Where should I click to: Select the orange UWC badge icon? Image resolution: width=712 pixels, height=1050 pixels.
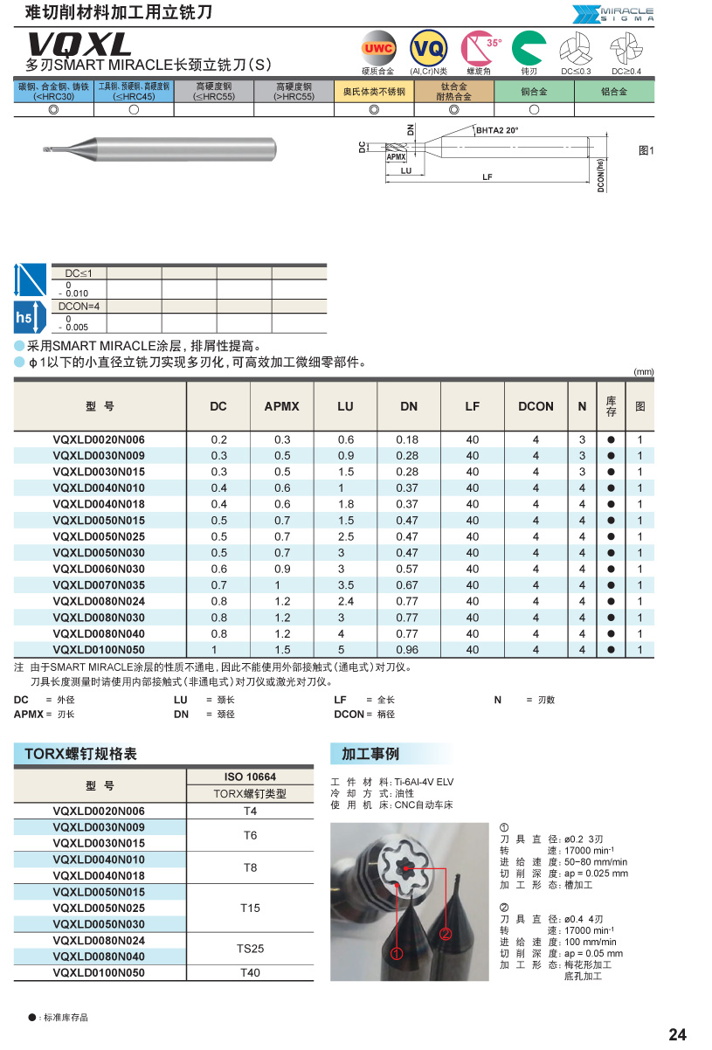point(378,48)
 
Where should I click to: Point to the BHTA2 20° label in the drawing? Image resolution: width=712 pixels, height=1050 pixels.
point(497,129)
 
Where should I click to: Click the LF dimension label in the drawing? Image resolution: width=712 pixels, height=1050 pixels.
point(488,177)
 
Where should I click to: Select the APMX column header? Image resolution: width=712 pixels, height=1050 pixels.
point(281,406)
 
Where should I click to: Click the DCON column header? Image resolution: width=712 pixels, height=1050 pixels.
point(536,406)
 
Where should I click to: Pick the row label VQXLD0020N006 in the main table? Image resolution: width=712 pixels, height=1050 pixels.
point(100,439)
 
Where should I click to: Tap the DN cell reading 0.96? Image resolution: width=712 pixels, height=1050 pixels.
point(409,650)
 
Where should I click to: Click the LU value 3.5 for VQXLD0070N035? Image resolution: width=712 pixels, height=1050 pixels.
point(346,585)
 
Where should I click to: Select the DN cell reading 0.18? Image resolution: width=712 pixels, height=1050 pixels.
point(409,439)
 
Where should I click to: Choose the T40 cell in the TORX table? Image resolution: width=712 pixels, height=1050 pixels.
point(250,972)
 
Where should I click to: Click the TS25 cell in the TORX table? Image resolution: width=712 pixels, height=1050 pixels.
point(250,948)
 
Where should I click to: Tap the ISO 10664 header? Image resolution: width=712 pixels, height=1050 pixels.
point(250,777)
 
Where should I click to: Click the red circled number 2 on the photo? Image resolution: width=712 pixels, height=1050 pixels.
point(445,934)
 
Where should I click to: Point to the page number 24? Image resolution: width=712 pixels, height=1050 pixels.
point(677,1035)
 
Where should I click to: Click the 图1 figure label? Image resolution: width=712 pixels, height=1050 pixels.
point(646,151)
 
